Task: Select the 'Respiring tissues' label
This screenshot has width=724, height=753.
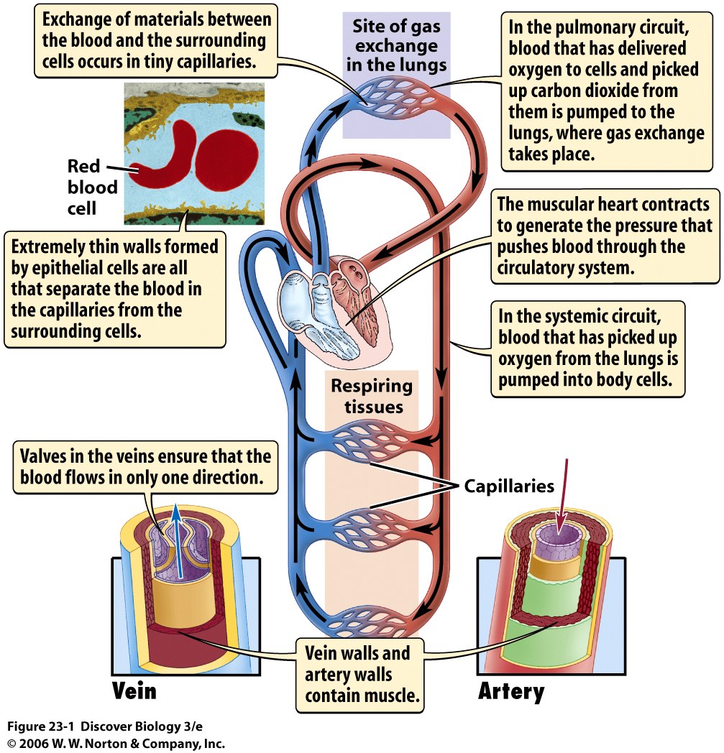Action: click(372, 396)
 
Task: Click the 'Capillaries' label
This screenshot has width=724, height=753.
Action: click(509, 486)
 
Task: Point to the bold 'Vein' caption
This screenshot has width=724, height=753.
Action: click(134, 690)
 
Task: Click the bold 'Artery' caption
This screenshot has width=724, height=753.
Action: click(510, 691)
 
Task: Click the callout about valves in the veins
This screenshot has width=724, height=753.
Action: click(145, 466)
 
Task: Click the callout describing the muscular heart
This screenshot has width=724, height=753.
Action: click(603, 236)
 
